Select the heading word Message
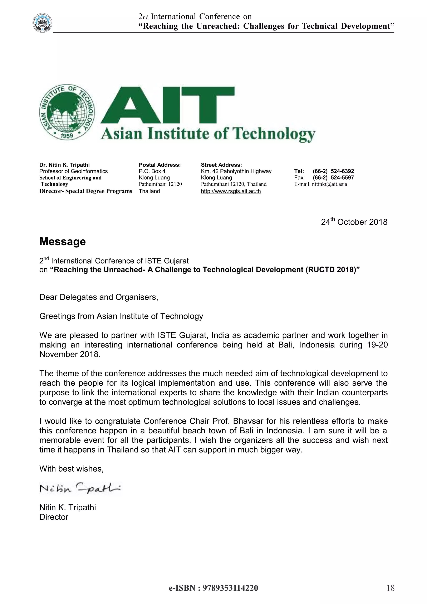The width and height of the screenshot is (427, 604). click(x=63, y=242)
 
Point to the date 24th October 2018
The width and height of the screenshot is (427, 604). click(x=354, y=222)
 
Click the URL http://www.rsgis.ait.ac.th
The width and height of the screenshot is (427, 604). click(x=231, y=191)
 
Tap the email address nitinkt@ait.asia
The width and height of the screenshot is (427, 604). click(x=329, y=184)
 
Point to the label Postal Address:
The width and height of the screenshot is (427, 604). click(x=159, y=165)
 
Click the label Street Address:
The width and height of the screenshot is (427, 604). click(x=221, y=165)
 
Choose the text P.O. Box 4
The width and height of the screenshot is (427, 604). click(x=152, y=171)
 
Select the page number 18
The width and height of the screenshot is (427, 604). click(x=391, y=588)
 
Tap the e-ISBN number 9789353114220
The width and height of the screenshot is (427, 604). click(x=230, y=588)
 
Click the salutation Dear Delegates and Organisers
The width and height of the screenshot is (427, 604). click(x=99, y=297)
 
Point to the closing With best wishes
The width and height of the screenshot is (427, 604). click(x=72, y=469)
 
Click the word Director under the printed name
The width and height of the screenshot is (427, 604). click(x=54, y=517)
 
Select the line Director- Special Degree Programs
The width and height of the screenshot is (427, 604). click(x=86, y=191)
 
